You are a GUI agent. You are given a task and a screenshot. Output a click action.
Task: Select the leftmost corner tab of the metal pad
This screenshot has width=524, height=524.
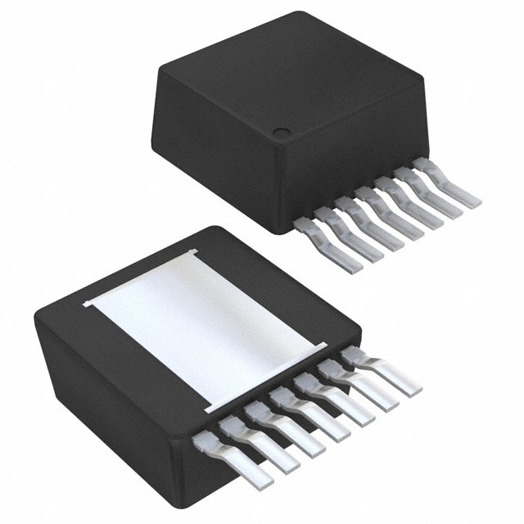[87, 306]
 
